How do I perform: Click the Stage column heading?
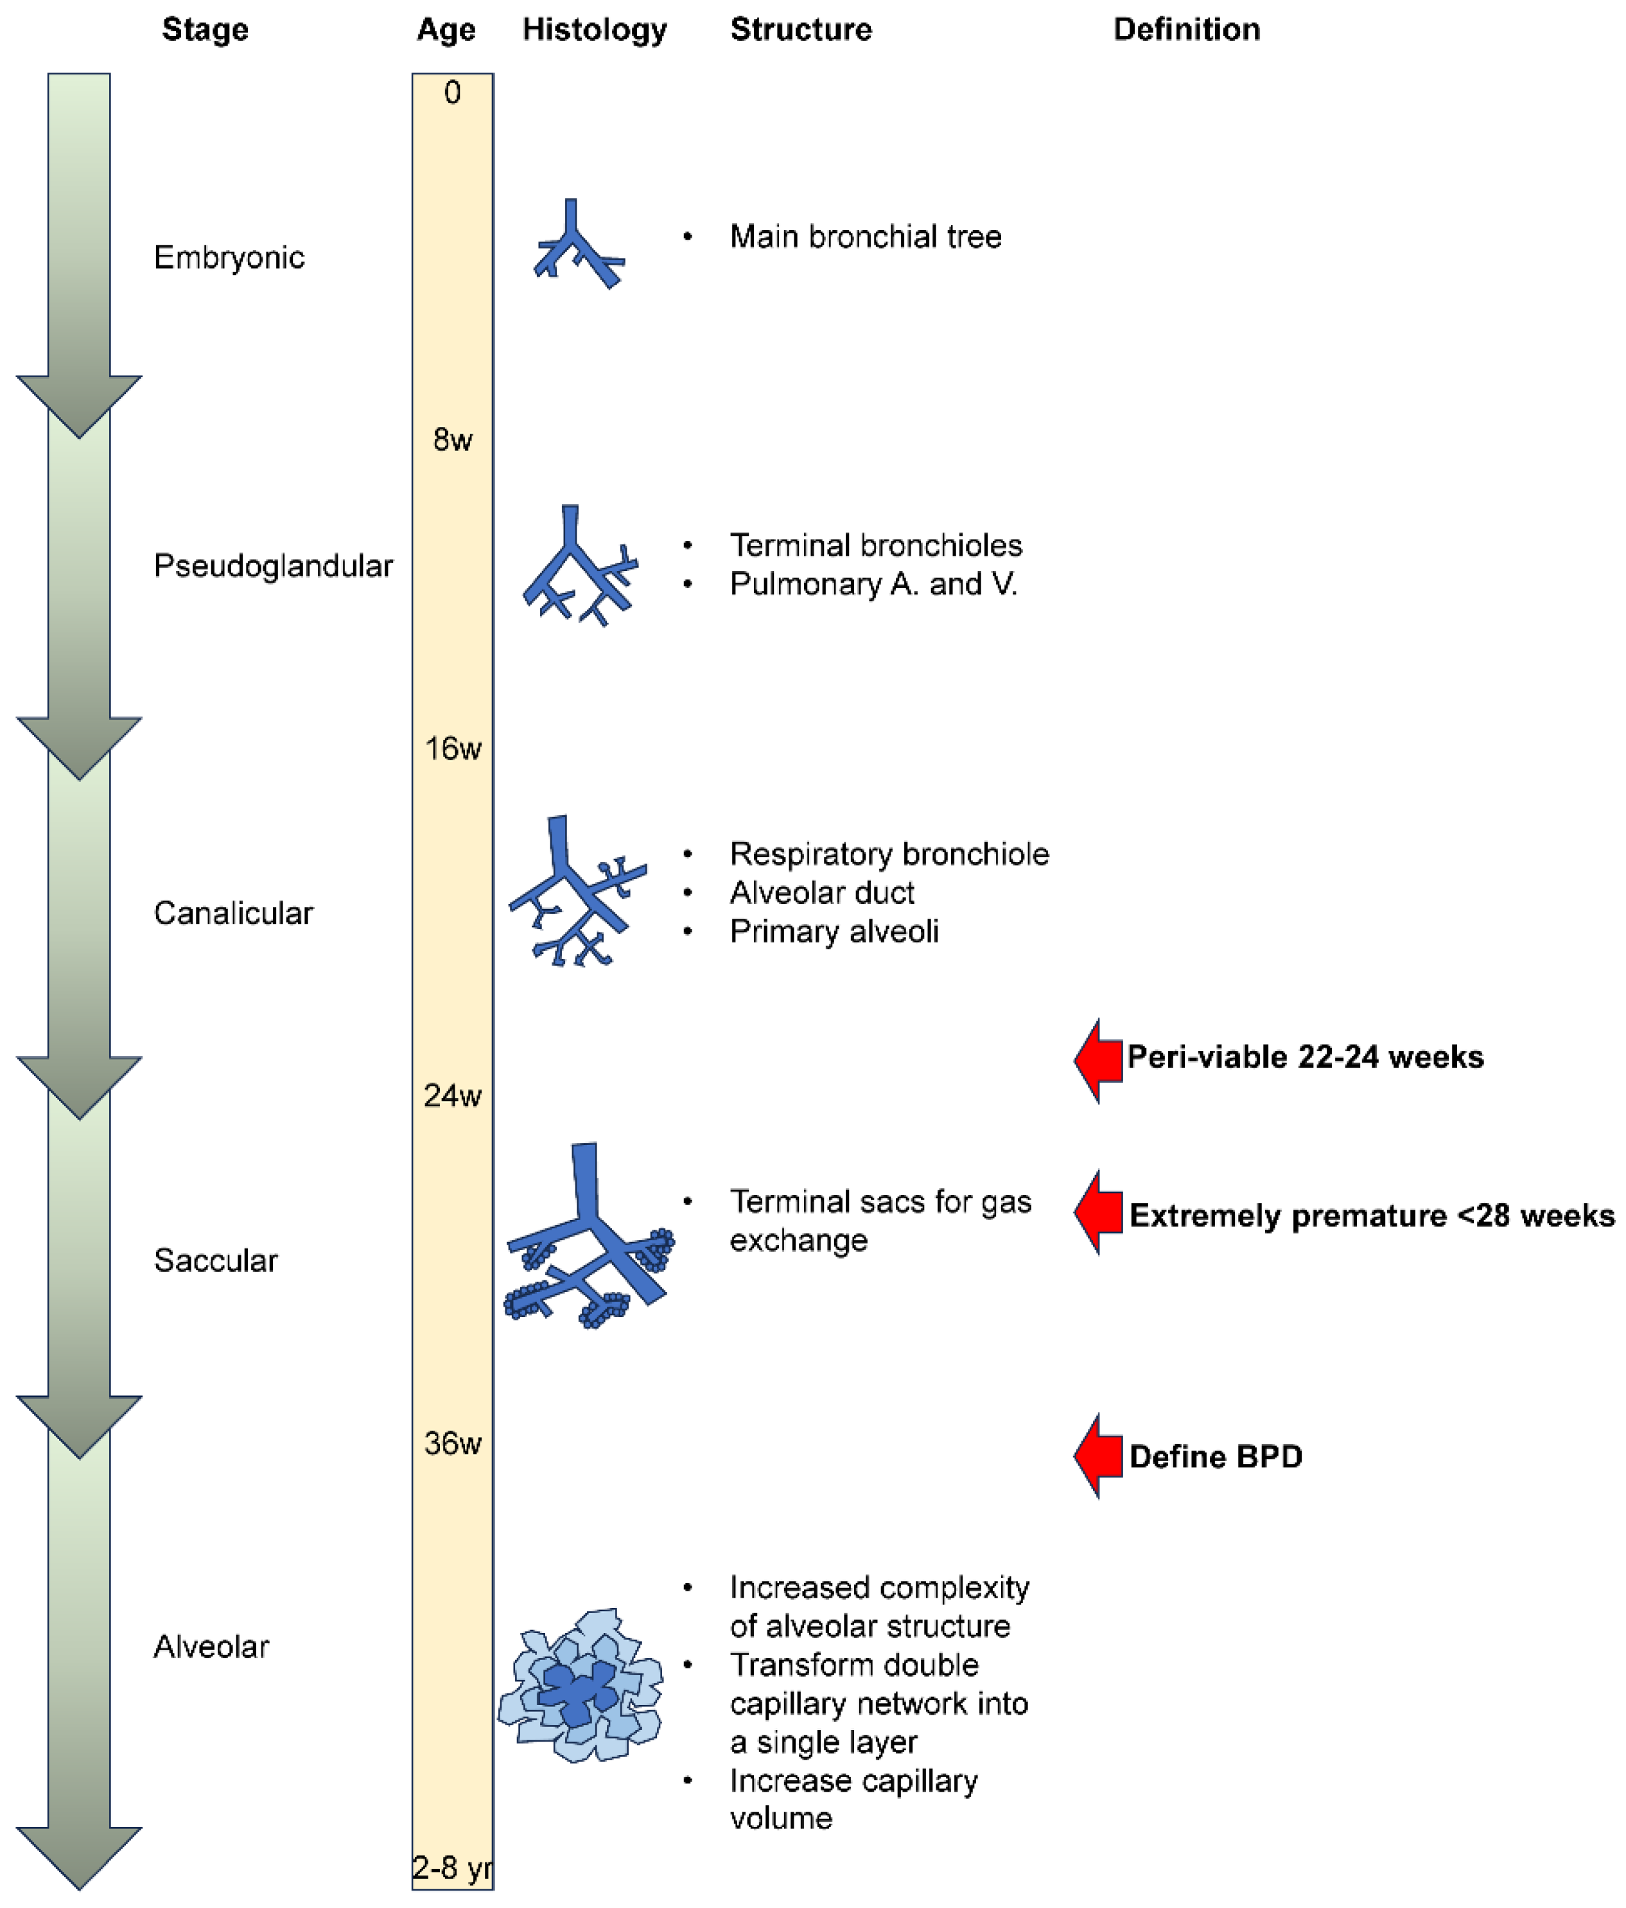click(204, 30)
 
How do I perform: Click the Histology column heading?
click(594, 30)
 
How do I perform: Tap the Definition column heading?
click(1186, 30)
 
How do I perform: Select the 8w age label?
click(452, 440)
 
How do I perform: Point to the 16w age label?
click(452, 748)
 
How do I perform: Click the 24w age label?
click(452, 1096)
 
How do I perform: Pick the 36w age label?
click(452, 1443)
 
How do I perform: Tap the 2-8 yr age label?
click(451, 1868)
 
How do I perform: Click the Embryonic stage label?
click(229, 257)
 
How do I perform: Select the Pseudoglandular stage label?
click(272, 565)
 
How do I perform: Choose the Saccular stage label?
click(215, 1260)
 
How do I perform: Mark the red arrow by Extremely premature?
click(1098, 1213)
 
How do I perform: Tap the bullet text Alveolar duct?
click(821, 892)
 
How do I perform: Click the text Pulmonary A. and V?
click(873, 584)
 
